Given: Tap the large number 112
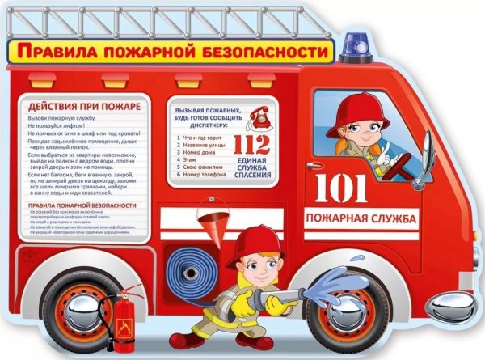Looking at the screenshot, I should point(250,143).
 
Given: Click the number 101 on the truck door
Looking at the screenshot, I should point(340,188).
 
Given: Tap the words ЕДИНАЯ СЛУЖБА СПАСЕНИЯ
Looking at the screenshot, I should point(250,171).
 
